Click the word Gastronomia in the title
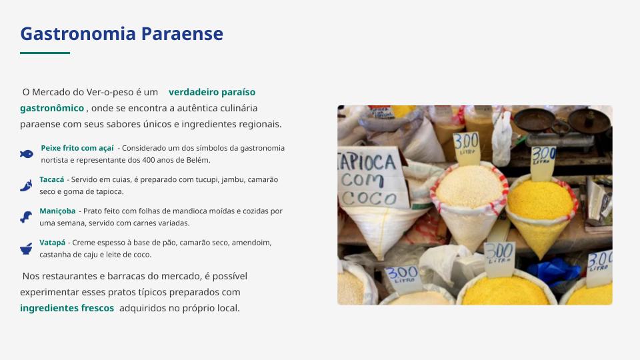78,33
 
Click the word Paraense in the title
182,33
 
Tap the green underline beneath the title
45,53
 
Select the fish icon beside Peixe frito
27,154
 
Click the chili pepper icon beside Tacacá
26,185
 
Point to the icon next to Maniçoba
26,217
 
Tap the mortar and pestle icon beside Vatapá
26,249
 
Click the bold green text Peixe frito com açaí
77,148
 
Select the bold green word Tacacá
52,179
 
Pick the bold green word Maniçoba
57,211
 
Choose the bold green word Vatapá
52,243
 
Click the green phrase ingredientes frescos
67,308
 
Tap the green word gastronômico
52,108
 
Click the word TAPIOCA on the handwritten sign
366,163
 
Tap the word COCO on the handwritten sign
369,199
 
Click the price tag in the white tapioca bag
466,148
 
